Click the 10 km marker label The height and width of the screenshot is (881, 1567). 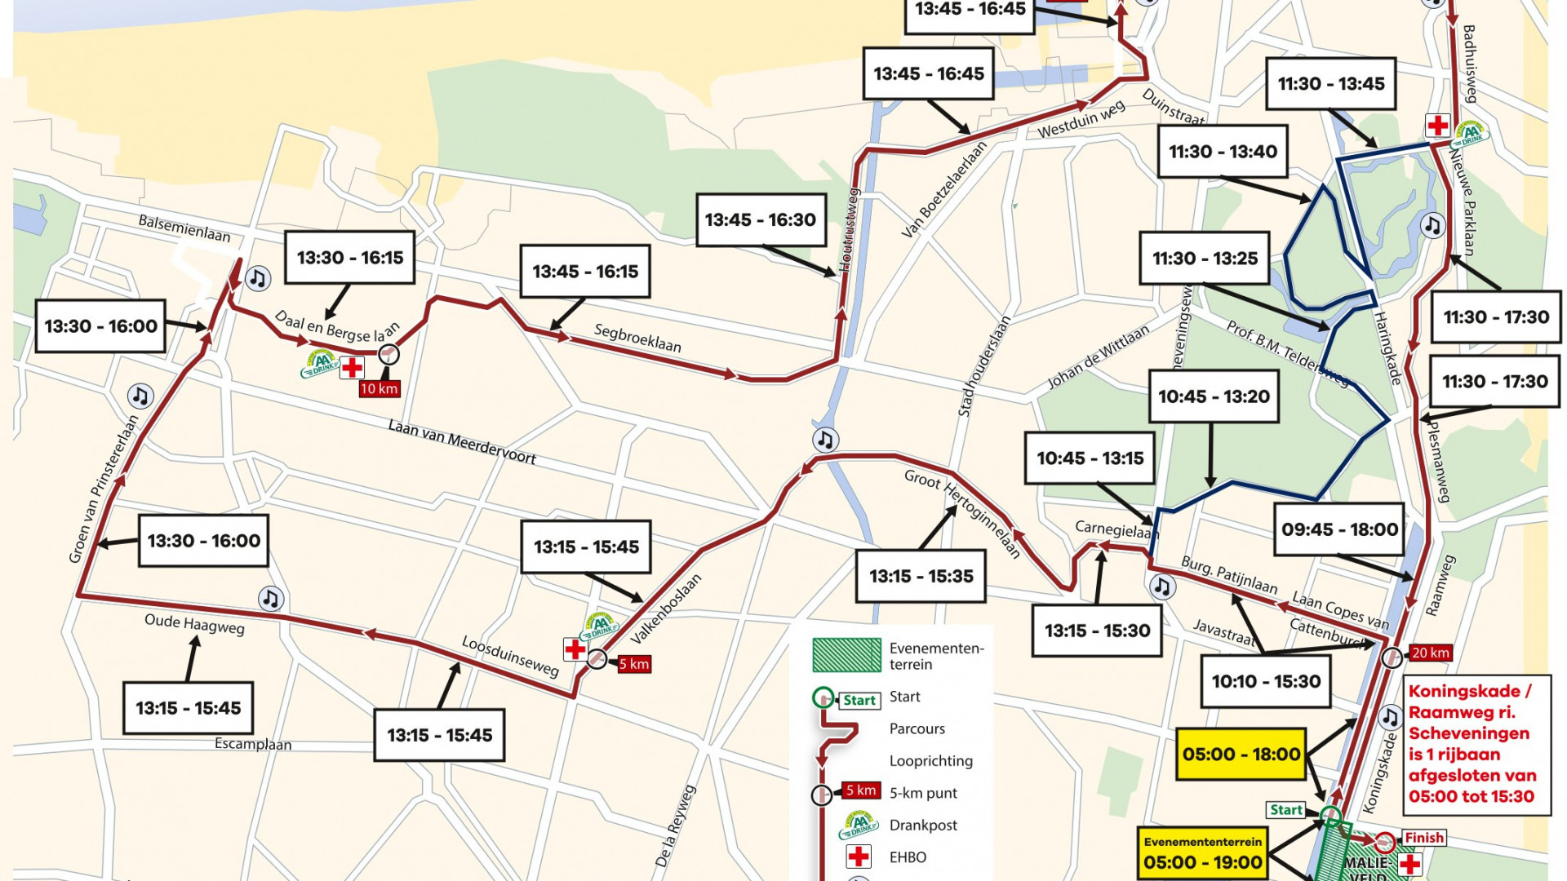pyautogui.click(x=379, y=388)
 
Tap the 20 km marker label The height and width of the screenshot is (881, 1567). pyautogui.click(x=1431, y=653)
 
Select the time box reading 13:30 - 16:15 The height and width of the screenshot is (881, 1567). pyautogui.click(x=350, y=258)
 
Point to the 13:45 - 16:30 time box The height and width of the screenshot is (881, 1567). pyautogui.click(x=760, y=219)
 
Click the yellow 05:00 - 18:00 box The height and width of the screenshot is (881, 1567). pyautogui.click(x=1241, y=754)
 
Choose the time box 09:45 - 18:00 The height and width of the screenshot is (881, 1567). pyautogui.click(x=1339, y=529)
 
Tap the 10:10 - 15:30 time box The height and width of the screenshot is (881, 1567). pyautogui.click(x=1266, y=681)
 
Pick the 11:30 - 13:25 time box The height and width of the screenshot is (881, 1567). pyautogui.click(x=1205, y=259)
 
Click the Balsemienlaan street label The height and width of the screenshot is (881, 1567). pyautogui.click(x=184, y=228)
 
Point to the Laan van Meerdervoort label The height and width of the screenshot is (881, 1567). pyautogui.click(x=462, y=442)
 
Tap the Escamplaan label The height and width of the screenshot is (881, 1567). pyautogui.click(x=253, y=744)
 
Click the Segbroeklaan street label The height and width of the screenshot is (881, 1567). pyautogui.click(x=637, y=338)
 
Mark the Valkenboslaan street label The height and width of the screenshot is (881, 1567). pyautogui.click(x=666, y=609)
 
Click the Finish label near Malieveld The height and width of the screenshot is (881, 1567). pyautogui.click(x=1424, y=838)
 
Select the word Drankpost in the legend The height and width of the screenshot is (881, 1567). pyautogui.click(x=923, y=825)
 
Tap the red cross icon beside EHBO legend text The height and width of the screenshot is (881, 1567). pyautogui.click(x=858, y=857)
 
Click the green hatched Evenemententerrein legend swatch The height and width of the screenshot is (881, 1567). pyautogui.click(x=846, y=655)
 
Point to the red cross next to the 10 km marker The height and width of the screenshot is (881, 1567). pyautogui.click(x=352, y=368)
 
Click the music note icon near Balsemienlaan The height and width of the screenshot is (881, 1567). pyautogui.click(x=258, y=279)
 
